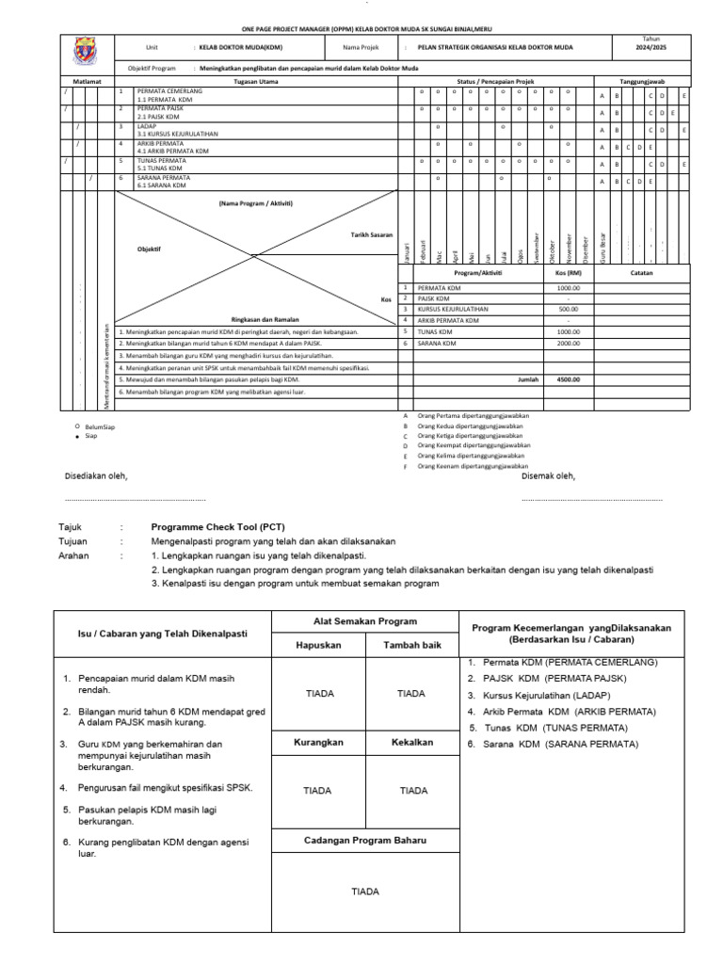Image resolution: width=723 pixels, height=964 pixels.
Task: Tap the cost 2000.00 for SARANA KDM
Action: click(x=568, y=344)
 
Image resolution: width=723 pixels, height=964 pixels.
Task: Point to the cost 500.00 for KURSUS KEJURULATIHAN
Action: click(x=568, y=309)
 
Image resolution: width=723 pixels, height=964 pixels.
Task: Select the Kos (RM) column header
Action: click(x=568, y=273)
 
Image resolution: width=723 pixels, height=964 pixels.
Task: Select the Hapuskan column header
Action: click(x=317, y=646)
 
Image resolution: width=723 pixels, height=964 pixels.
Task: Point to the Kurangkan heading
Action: click(x=317, y=742)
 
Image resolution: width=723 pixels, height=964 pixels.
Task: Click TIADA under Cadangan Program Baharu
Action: click(x=364, y=890)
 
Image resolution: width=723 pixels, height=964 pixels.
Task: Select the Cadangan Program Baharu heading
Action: click(x=364, y=839)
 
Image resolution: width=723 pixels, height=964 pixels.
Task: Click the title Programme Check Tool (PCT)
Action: click(x=213, y=529)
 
